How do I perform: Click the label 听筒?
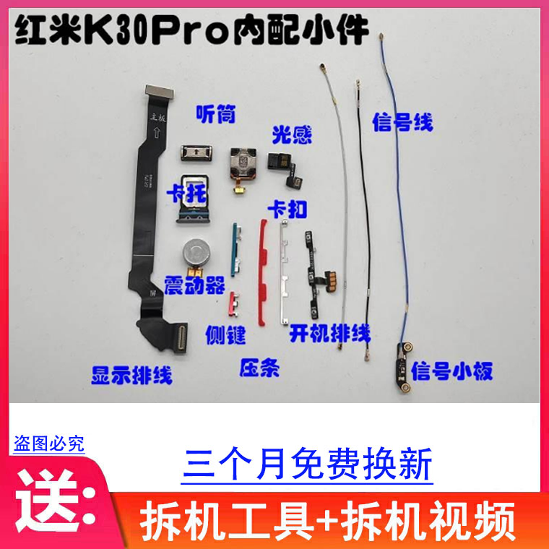pyautogui.click(x=216, y=114)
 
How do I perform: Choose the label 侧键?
pyautogui.click(x=226, y=334)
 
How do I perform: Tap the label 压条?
pyautogui.click(x=259, y=367)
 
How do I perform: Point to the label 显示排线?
pyautogui.click(x=131, y=374)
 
